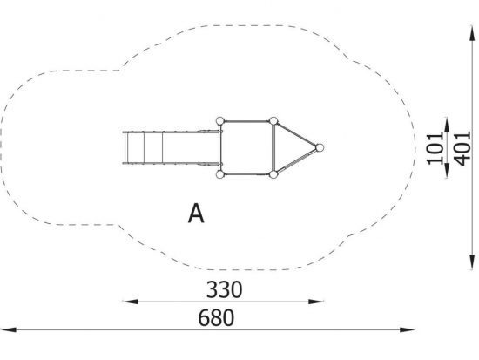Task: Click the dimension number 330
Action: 224,289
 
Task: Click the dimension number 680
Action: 216,318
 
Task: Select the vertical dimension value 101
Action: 435,149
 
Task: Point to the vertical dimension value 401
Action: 462,149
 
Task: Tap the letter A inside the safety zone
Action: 196,214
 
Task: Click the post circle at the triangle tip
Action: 320,147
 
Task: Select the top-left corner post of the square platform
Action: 220,121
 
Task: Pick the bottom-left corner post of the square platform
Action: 220,174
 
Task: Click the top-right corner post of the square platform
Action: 273,121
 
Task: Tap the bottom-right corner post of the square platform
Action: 273,174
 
